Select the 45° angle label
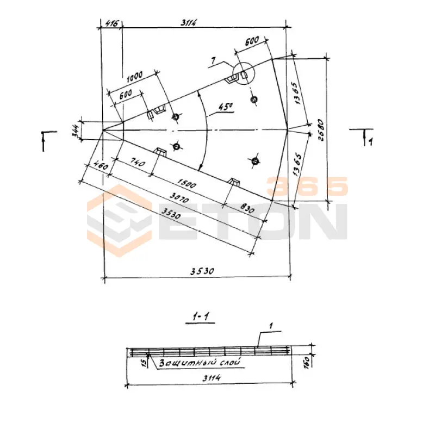click(226, 107)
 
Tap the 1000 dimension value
click(135, 77)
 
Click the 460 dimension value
click(100, 166)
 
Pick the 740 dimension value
click(137, 163)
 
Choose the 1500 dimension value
click(186, 183)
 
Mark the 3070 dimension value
click(179, 198)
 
